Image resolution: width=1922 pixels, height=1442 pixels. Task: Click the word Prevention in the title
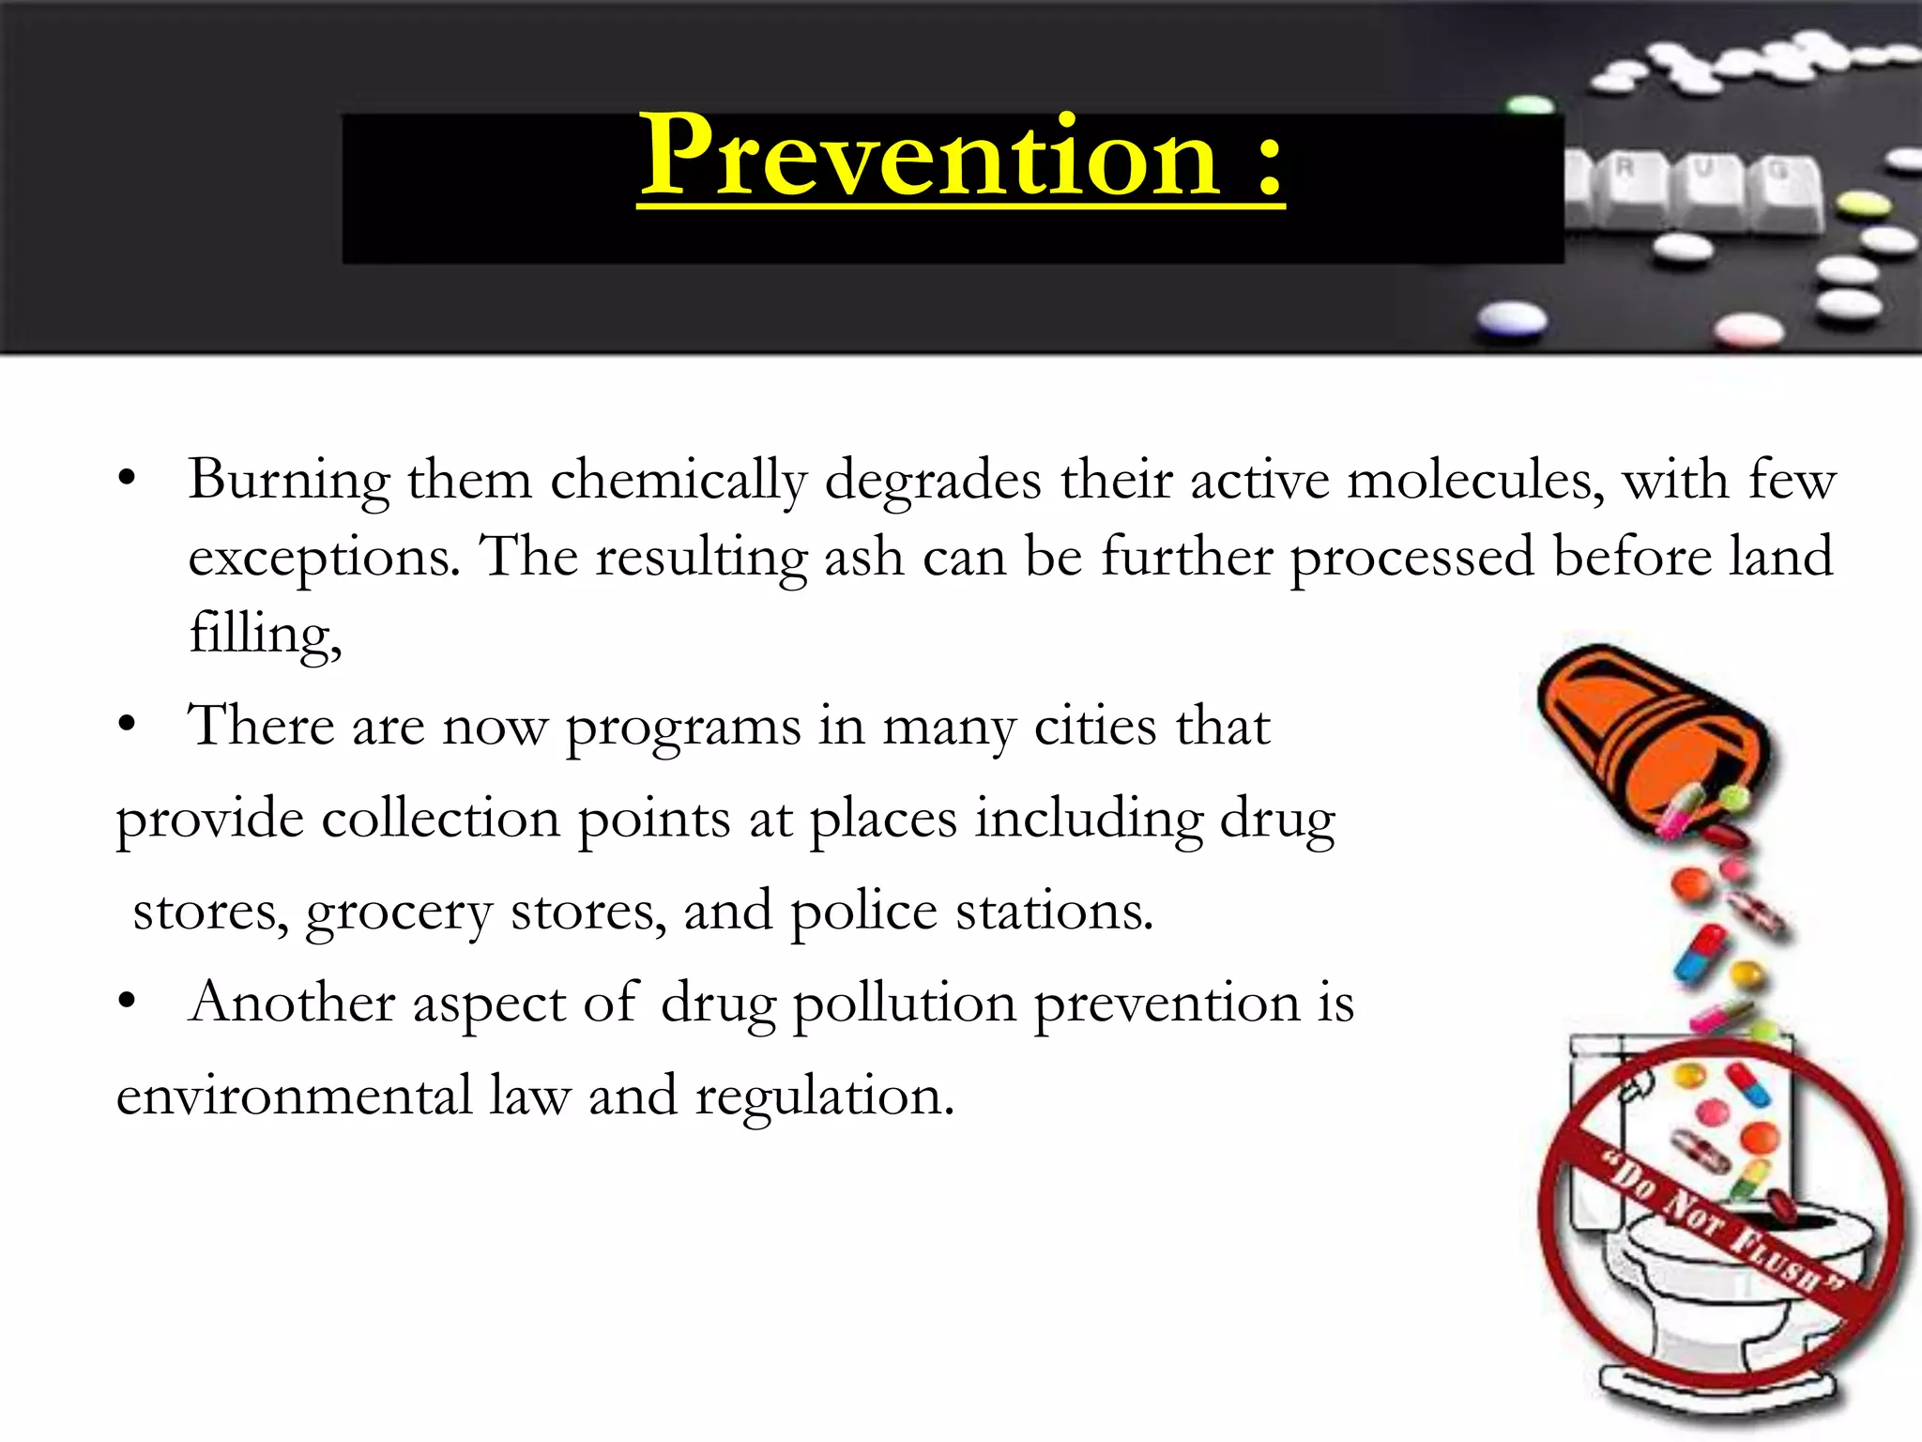[929, 157]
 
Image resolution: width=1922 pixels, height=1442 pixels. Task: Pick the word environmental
[294, 1096]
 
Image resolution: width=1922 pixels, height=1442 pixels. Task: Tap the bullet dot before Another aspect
[128, 1003]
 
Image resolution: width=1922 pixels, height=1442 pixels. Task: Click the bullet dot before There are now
[128, 727]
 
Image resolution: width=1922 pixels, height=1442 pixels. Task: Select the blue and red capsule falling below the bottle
[1701, 953]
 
